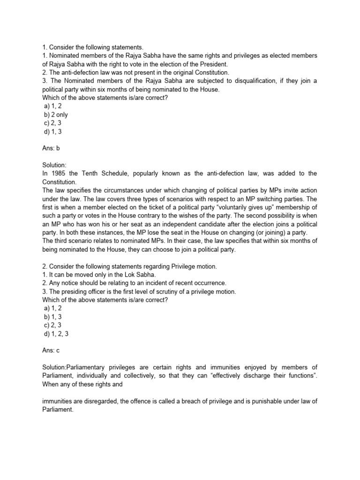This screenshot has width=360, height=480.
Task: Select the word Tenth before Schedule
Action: click(x=87, y=173)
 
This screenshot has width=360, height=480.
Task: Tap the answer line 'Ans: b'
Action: click(x=51, y=148)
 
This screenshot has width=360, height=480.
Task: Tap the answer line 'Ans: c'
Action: click(x=51, y=350)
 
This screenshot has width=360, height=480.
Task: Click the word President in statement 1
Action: click(x=212, y=64)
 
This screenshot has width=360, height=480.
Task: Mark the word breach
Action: click(x=186, y=401)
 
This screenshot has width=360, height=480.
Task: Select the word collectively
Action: click(x=137, y=375)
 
